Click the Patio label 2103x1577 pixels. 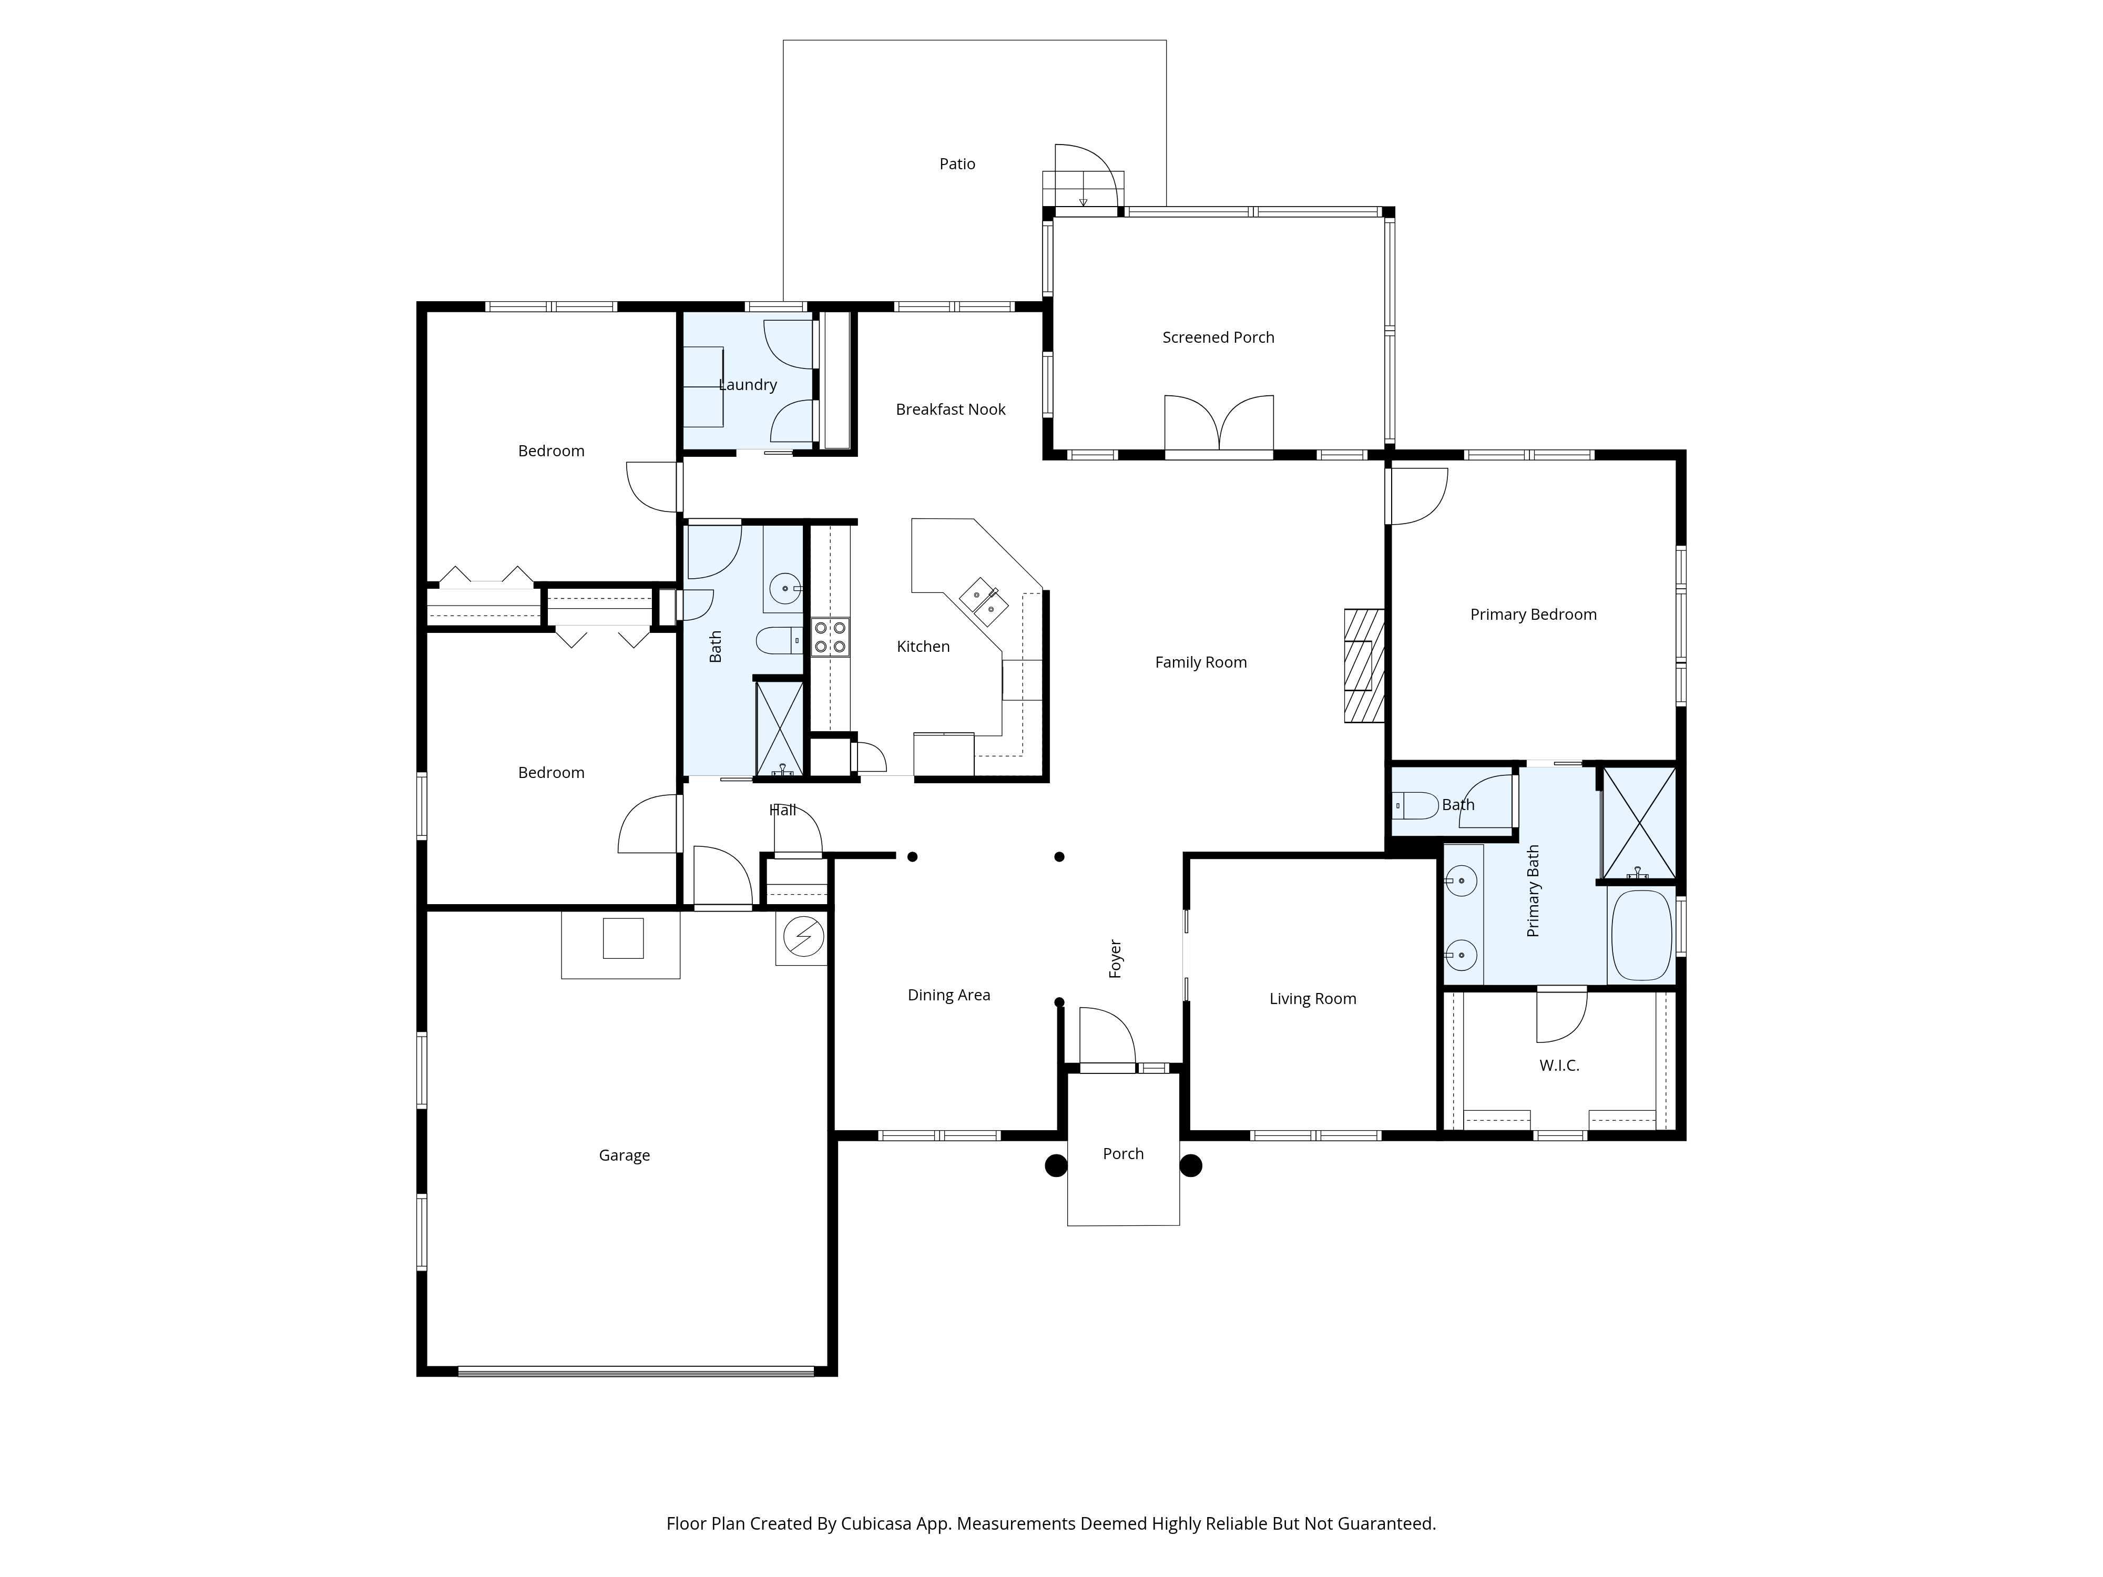(957, 163)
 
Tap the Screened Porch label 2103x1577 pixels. (1218, 337)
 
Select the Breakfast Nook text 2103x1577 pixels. (951, 409)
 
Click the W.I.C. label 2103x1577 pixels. (1559, 1066)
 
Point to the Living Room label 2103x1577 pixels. (1313, 999)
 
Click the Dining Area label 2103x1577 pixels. (949, 995)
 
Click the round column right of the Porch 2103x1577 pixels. (1191, 1165)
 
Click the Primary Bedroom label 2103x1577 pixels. (1534, 615)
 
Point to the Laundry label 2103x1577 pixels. (748, 385)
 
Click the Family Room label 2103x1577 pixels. (1201, 662)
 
